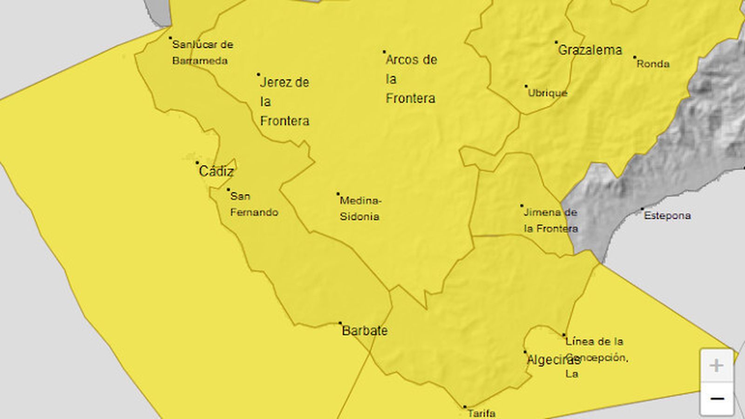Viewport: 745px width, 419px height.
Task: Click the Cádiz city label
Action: click(x=216, y=171)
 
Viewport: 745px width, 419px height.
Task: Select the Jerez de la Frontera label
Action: click(x=284, y=101)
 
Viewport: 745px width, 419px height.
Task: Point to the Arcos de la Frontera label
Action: click(x=411, y=79)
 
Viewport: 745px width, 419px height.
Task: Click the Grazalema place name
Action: click(x=589, y=50)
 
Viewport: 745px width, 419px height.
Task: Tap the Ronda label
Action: click(x=653, y=64)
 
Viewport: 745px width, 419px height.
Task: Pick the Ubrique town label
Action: click(x=548, y=93)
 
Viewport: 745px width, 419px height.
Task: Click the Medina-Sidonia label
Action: click(x=360, y=208)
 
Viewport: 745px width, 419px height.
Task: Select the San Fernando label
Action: click(x=254, y=204)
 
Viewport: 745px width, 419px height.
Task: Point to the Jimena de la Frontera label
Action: click(x=550, y=220)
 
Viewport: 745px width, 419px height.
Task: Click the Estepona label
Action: click(x=667, y=216)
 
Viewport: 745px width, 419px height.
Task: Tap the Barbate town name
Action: click(x=365, y=331)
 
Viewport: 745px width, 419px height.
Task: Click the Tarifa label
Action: click(x=481, y=412)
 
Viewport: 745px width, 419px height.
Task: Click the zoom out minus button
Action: click(x=717, y=399)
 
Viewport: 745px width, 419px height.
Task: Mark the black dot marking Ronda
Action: click(x=635, y=58)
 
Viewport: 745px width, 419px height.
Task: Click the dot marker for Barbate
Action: click(x=340, y=323)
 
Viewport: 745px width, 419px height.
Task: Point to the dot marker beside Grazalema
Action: click(x=556, y=42)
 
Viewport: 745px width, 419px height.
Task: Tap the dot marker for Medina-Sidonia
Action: click(x=338, y=194)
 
